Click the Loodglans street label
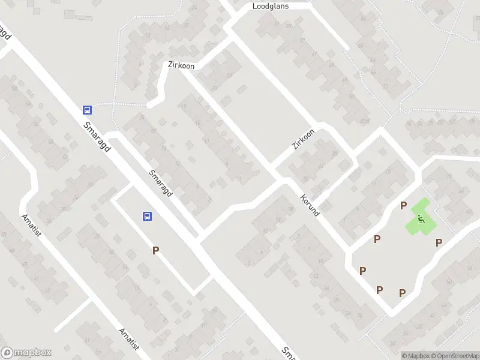(271, 6)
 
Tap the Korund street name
(310, 205)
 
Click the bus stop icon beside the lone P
(146, 217)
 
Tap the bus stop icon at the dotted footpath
(87, 110)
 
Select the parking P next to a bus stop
(155, 251)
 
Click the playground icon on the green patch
(421, 220)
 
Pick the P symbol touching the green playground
(404, 206)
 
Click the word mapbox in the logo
(33, 353)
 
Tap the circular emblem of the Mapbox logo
(7, 353)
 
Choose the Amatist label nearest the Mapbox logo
(129, 340)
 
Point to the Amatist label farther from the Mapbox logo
(30, 225)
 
